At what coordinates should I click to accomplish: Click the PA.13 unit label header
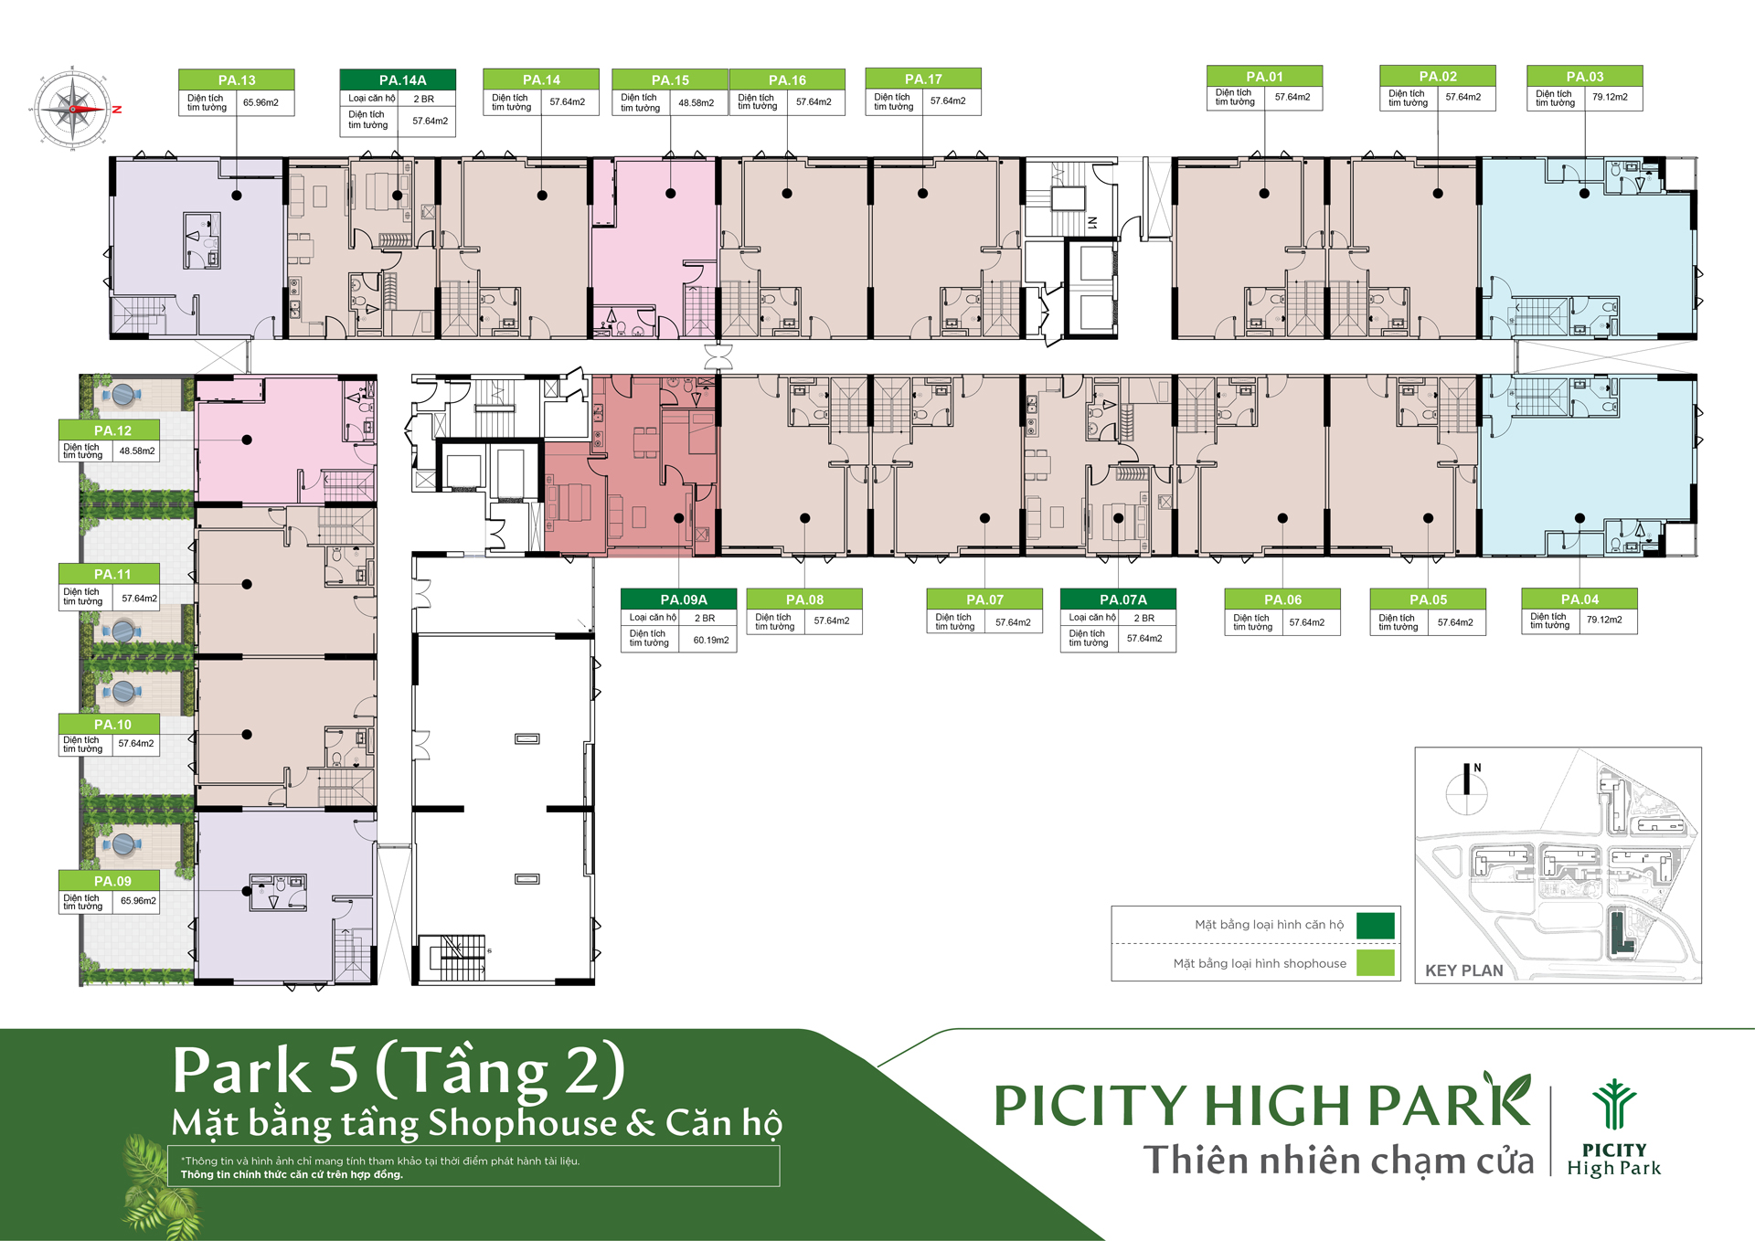237,80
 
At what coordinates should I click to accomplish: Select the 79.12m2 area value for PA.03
1610,97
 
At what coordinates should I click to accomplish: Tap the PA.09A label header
684,599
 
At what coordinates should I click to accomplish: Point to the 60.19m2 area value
711,640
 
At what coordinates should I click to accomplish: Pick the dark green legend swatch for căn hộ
1375,925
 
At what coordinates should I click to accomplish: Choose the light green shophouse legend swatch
1375,963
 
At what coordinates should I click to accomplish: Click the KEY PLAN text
1463,971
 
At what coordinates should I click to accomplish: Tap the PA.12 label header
112,430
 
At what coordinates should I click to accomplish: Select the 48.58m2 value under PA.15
696,102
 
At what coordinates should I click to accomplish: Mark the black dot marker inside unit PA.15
671,194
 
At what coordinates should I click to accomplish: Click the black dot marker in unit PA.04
1579,518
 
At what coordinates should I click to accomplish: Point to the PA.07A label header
1123,599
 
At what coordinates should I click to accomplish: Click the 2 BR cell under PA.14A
423,99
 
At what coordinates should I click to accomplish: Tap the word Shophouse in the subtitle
523,1123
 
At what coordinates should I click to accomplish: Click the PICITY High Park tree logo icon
1614,1105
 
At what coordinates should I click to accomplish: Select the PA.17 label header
923,79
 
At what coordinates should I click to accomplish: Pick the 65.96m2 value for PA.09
138,901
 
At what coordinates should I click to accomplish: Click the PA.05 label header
1428,599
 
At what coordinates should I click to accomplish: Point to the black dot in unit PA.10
247,735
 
